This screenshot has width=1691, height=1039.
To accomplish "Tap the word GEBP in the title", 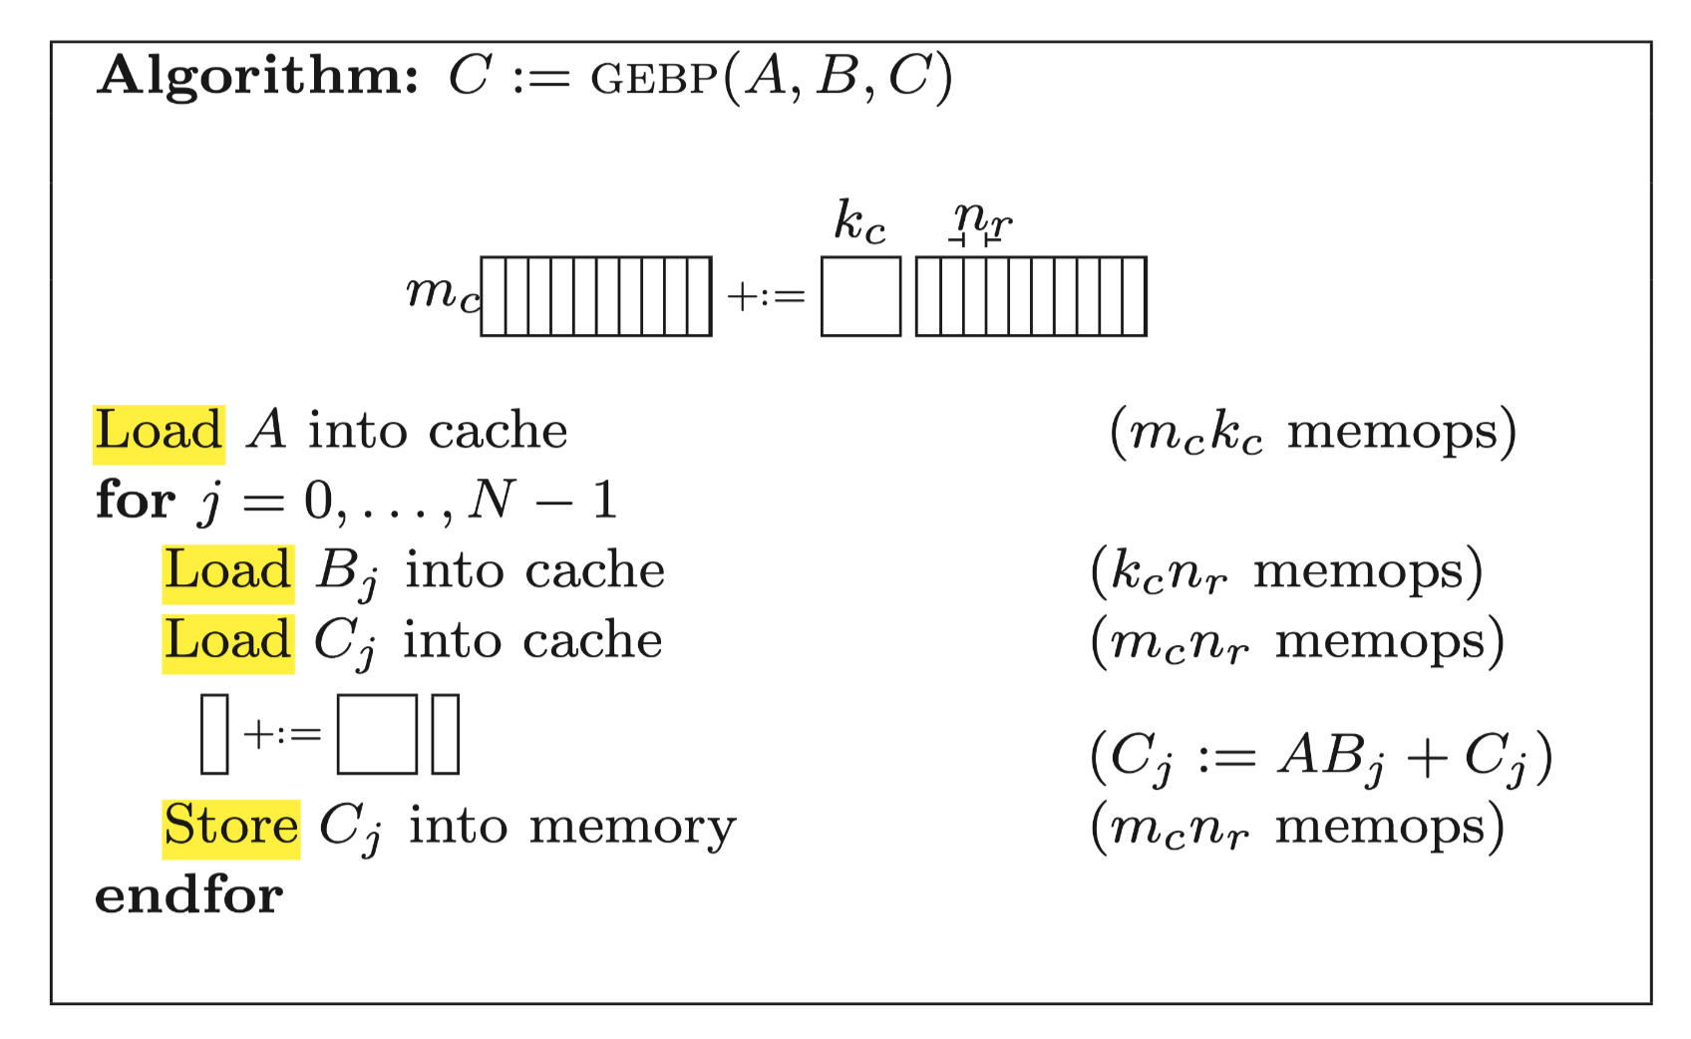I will pyautogui.click(x=653, y=79).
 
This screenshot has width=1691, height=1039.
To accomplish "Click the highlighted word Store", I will pyautogui.click(x=231, y=828).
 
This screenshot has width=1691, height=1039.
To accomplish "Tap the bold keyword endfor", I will pyautogui.click(x=188, y=895).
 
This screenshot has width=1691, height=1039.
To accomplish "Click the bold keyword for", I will pyautogui.click(x=136, y=501).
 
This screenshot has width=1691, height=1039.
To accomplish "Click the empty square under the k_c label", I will pyautogui.click(x=860, y=296).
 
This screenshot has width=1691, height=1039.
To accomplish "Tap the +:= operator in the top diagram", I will pyautogui.click(x=766, y=297).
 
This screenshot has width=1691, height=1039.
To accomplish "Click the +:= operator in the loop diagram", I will pyautogui.click(x=282, y=735).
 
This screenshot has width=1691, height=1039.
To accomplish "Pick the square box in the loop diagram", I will pyautogui.click(x=377, y=735).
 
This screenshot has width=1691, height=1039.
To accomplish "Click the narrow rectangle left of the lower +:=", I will pyautogui.click(x=214, y=735).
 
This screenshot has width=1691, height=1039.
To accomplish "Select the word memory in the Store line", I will pyautogui.click(x=632, y=828).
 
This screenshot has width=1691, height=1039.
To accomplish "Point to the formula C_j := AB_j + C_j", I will pyautogui.click(x=1321, y=757).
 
